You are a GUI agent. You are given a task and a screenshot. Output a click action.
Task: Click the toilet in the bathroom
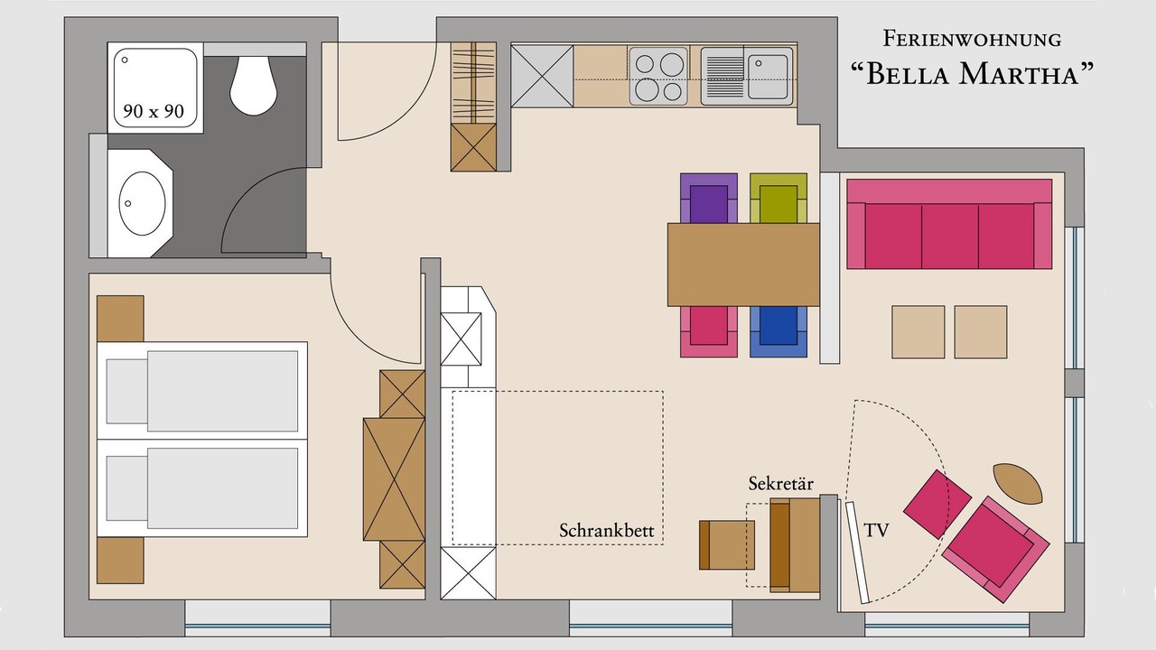pyautogui.click(x=254, y=86)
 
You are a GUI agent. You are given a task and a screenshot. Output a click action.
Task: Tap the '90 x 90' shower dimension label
pyautogui.click(x=154, y=111)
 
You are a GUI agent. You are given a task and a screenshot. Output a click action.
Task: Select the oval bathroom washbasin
pyautogui.click(x=143, y=203)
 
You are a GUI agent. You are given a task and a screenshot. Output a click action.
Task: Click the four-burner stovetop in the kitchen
pyautogui.click(x=658, y=77)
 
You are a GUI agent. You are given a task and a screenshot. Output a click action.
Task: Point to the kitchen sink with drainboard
pyautogui.click(x=747, y=77)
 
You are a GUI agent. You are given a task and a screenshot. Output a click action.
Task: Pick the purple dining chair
pyautogui.click(x=709, y=198)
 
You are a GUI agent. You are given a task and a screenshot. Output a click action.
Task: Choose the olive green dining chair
pyautogui.click(x=778, y=198)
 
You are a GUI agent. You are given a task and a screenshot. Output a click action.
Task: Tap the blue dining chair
pyautogui.click(x=778, y=331)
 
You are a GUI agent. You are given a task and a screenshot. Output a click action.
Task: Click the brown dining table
pyautogui.click(x=743, y=265)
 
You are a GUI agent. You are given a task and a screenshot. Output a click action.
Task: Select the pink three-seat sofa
pyautogui.click(x=949, y=224)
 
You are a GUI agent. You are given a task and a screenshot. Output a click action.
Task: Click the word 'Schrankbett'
pyautogui.click(x=606, y=531)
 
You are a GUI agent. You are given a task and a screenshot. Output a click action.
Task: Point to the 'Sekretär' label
pyautogui.click(x=781, y=484)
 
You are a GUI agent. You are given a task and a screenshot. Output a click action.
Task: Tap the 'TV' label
pyautogui.click(x=876, y=530)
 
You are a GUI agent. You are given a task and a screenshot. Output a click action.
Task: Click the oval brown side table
pyautogui.click(x=1018, y=483)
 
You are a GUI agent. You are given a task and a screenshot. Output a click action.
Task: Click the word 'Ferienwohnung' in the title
pyautogui.click(x=972, y=39)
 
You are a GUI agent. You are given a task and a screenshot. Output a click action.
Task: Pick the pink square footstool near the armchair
pyautogui.click(x=937, y=504)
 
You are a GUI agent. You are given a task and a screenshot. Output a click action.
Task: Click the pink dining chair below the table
pyautogui.click(x=709, y=331)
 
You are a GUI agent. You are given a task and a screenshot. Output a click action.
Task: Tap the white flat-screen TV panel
pyautogui.click(x=857, y=552)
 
